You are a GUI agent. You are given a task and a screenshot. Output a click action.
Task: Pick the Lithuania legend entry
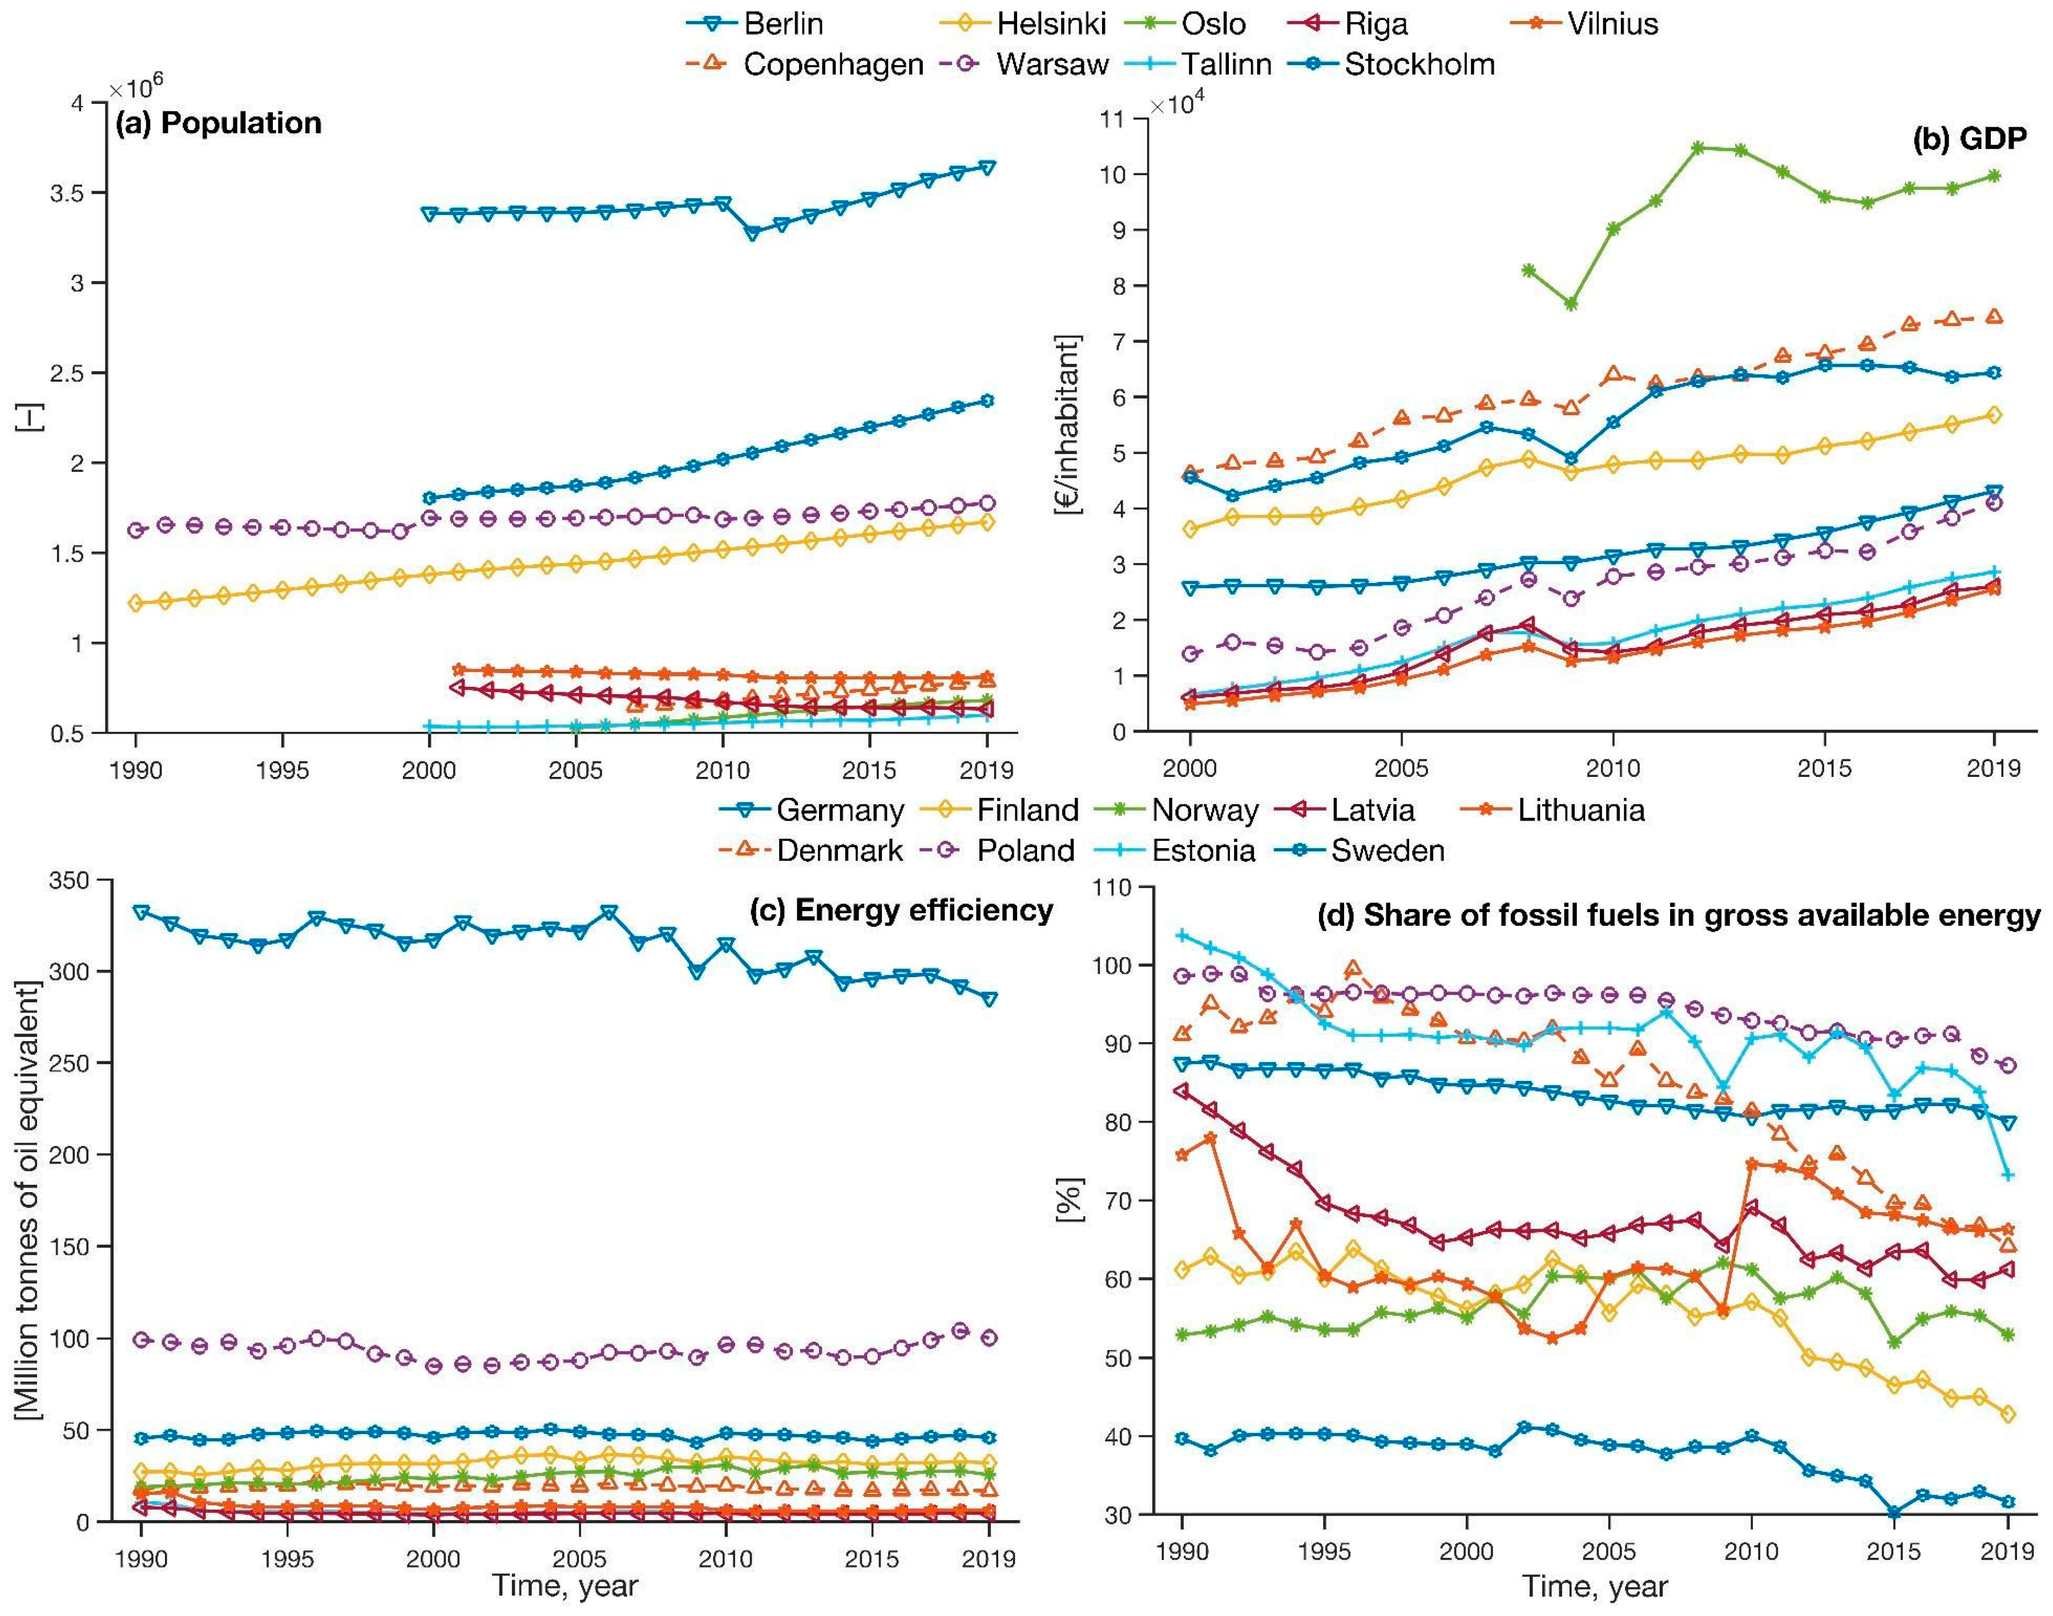(x=1580, y=810)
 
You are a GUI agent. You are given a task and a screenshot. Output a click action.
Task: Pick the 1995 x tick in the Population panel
(x=282, y=770)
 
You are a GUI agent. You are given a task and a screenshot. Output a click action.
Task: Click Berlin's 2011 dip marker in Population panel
(x=752, y=233)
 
